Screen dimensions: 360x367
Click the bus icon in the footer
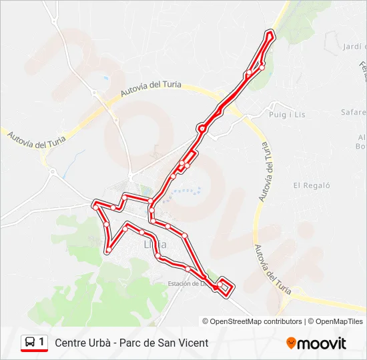(29, 343)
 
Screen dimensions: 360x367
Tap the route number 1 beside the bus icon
(41, 342)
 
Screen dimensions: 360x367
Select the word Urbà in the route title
(105, 343)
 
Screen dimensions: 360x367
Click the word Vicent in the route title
(194, 343)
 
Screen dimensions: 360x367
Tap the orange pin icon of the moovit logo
(291, 343)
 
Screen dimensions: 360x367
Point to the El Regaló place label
(312, 185)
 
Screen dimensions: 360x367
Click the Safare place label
(354, 112)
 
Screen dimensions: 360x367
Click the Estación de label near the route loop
(185, 283)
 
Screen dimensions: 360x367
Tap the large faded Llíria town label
(155, 244)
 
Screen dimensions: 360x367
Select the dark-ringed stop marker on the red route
(202, 129)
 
